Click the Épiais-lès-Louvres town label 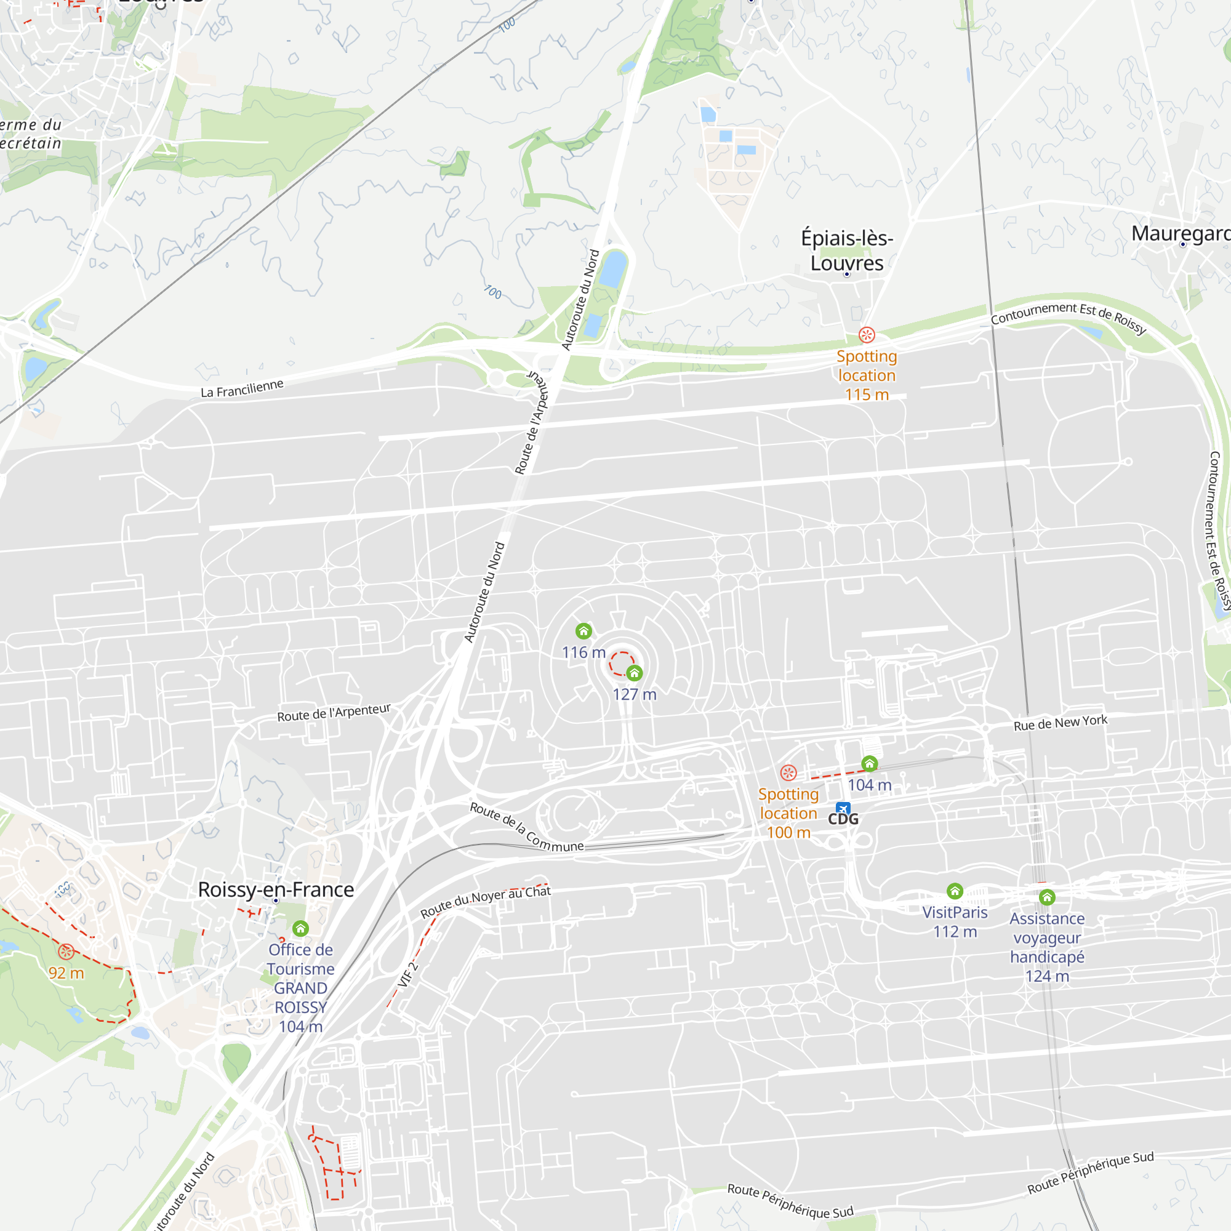point(847,251)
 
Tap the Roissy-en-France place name point(276,889)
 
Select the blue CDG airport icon point(843,809)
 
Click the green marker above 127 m point(634,673)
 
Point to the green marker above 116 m point(583,631)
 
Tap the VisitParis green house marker point(955,891)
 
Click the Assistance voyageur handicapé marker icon point(1047,898)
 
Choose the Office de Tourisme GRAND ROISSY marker point(301,928)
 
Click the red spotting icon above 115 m point(867,334)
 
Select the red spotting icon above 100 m point(788,773)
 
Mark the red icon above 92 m point(66,952)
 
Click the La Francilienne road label point(242,388)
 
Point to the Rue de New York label point(1061,723)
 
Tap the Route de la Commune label point(526,827)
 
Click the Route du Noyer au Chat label point(486,900)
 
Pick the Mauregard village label point(1181,233)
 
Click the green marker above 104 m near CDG point(870,763)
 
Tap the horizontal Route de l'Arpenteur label point(334,712)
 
